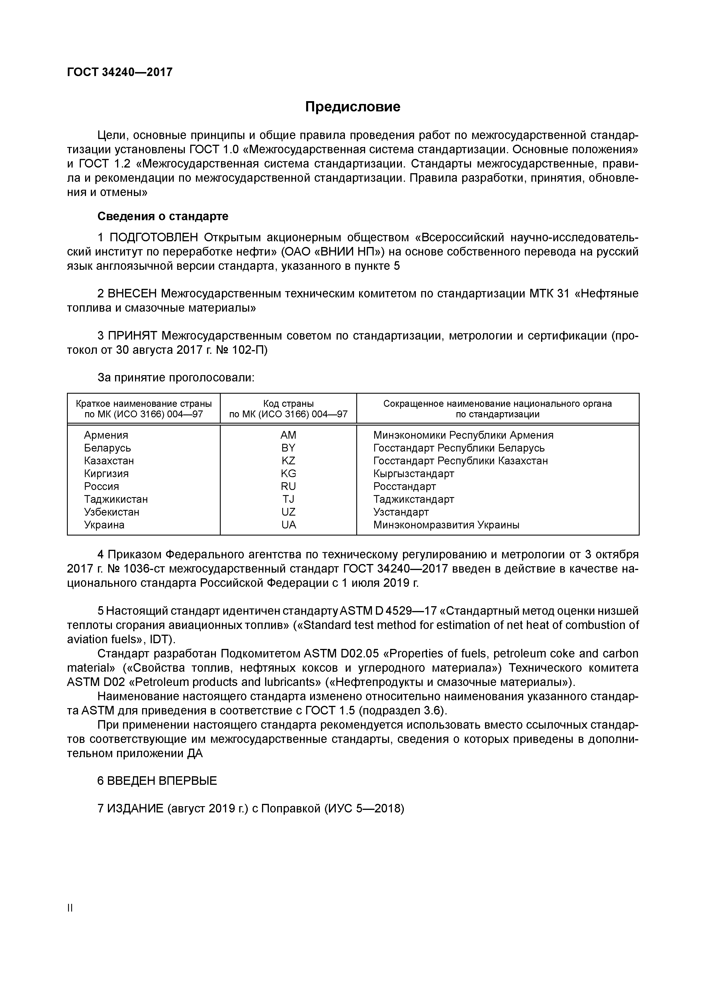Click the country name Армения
[x=106, y=435]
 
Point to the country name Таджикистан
[x=116, y=499]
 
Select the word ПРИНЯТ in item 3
[x=132, y=336]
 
